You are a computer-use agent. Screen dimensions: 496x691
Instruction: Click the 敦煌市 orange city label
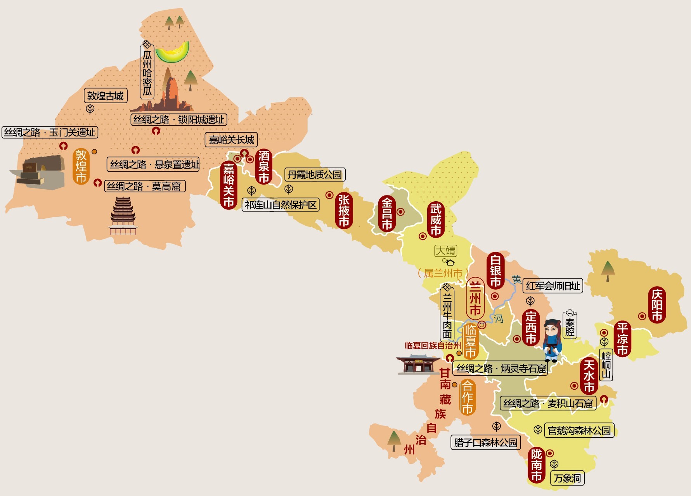tap(81, 167)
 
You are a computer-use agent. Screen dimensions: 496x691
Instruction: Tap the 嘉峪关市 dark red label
tap(229, 185)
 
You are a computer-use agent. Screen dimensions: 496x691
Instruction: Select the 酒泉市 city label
tap(264, 167)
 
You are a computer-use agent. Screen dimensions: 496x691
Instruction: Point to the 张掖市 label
tap(344, 211)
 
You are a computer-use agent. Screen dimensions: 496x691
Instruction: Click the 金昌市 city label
tap(386, 214)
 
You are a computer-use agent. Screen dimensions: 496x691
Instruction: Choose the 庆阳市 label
tap(656, 305)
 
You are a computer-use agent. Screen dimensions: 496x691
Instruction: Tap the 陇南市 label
tap(536, 465)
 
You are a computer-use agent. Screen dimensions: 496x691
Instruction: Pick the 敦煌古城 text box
tap(105, 96)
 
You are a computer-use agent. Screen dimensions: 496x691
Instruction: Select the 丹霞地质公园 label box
tap(315, 175)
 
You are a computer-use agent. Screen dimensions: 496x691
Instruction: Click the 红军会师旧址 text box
tap(552, 286)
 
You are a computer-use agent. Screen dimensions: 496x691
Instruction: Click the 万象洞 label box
tap(567, 478)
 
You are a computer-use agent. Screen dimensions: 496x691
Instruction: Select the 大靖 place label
tap(445, 251)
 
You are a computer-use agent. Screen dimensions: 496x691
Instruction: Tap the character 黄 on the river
tap(516, 279)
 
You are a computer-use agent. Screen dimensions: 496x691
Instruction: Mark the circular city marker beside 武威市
tap(423, 236)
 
